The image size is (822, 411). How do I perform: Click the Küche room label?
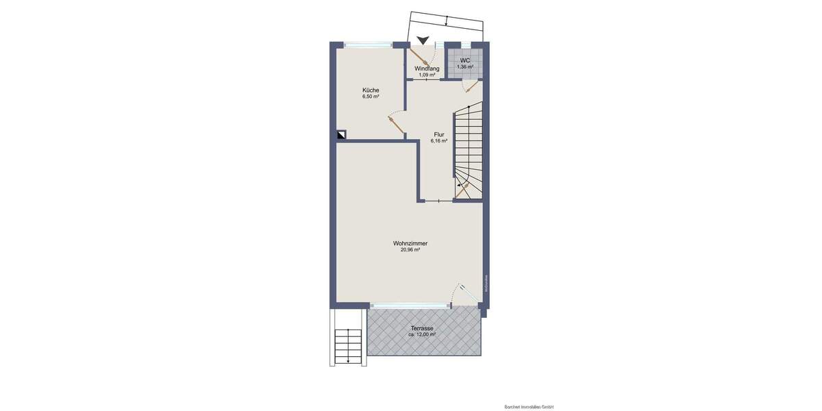[x=371, y=90]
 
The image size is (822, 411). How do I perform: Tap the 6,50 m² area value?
[x=371, y=97]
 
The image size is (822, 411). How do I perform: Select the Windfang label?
[x=427, y=68]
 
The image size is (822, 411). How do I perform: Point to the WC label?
[x=465, y=60]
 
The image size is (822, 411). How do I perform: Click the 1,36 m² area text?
[x=465, y=67]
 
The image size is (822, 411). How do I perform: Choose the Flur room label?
[x=438, y=134]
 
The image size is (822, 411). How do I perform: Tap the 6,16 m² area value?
[x=438, y=141]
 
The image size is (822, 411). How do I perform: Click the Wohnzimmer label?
[x=410, y=243]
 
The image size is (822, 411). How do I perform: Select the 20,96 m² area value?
[x=410, y=250]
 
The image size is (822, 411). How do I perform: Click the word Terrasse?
[x=422, y=328]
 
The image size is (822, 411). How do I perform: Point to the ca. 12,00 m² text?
[x=422, y=335]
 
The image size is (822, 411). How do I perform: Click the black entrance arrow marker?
[x=424, y=41]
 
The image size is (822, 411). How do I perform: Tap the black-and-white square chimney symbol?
[x=341, y=135]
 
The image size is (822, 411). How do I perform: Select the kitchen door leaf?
[x=396, y=125]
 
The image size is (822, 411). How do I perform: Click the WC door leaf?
[x=471, y=86]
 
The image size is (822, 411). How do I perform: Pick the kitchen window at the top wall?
[x=368, y=45]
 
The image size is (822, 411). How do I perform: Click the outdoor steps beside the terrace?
[x=348, y=346]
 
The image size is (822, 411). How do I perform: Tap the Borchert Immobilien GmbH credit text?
[x=528, y=407]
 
